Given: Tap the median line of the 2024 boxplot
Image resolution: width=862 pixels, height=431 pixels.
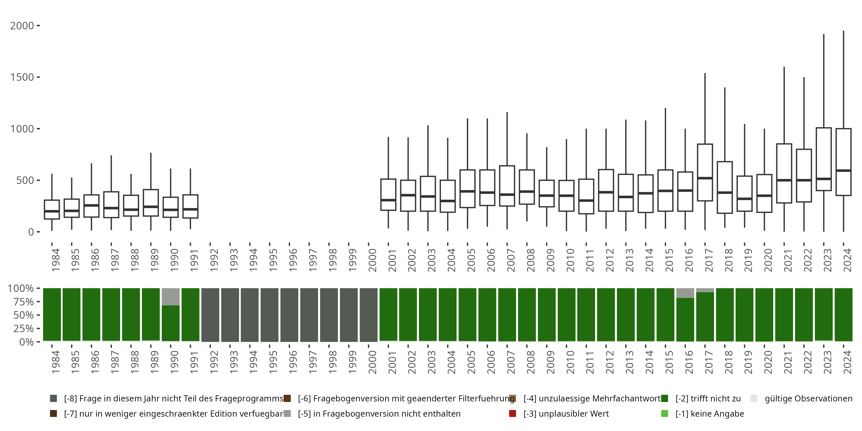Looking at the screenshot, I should click(x=843, y=171).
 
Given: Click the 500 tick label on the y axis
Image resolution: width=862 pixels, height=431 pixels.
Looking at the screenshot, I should click(x=25, y=180).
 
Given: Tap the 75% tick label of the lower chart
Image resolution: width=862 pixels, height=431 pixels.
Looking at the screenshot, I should click(x=20, y=302).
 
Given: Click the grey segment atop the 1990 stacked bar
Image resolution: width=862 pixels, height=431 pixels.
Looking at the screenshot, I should click(x=171, y=297).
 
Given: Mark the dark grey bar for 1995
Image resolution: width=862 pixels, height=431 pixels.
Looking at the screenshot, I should click(x=270, y=315).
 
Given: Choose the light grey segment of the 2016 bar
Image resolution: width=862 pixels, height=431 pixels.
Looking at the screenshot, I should click(x=685, y=293).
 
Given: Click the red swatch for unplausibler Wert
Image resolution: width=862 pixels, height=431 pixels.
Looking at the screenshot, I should click(x=512, y=413).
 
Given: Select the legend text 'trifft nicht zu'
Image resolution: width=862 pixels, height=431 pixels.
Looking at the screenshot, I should click(x=708, y=399).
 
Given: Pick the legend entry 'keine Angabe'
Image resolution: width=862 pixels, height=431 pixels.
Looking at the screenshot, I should click(x=709, y=413).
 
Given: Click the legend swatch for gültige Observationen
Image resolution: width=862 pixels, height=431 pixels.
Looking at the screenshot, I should click(x=754, y=399).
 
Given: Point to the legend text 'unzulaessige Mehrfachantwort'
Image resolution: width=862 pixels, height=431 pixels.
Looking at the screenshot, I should click(x=592, y=399).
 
